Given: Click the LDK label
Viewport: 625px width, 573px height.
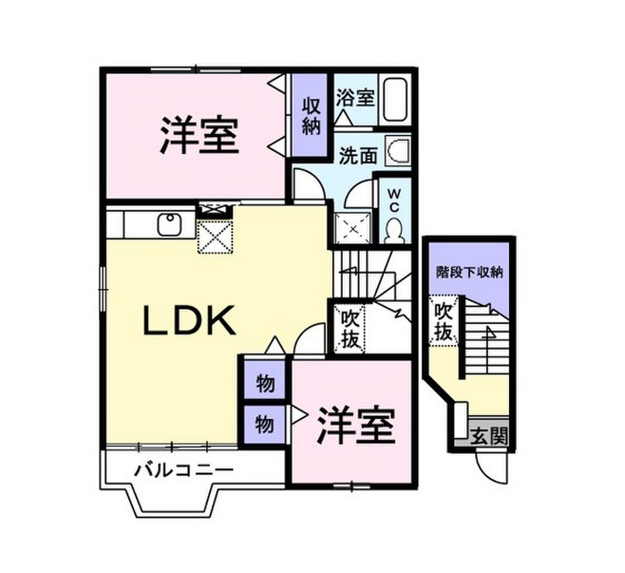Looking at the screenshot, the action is click(189, 320).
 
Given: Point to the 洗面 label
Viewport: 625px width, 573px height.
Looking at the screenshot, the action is click(358, 156).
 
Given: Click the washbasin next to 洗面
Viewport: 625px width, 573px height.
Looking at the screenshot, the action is click(400, 151).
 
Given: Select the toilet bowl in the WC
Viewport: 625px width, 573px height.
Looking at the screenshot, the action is click(395, 230).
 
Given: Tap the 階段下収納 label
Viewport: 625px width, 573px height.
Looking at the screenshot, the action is click(469, 272).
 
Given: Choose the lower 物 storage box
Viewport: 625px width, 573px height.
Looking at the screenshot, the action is click(264, 423).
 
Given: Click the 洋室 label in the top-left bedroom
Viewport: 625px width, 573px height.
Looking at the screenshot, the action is click(198, 135).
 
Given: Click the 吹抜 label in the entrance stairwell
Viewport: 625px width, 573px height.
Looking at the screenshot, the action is click(444, 323).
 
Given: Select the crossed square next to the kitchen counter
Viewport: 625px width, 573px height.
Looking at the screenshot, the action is click(214, 237).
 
